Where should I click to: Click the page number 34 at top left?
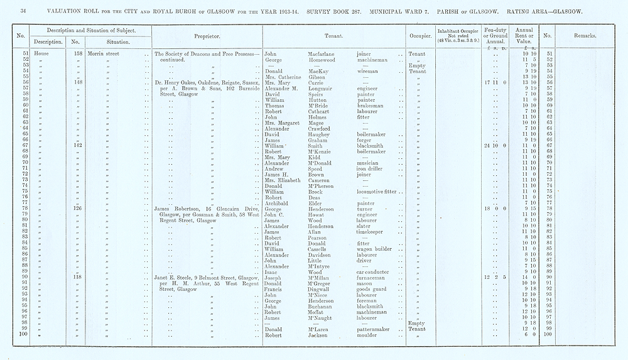[x=22, y=11]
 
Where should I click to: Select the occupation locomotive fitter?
[x=376, y=191]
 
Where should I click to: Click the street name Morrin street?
[x=104, y=55]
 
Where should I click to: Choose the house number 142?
[x=78, y=145]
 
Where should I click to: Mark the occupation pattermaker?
[x=373, y=329]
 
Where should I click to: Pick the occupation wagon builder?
[x=374, y=249]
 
